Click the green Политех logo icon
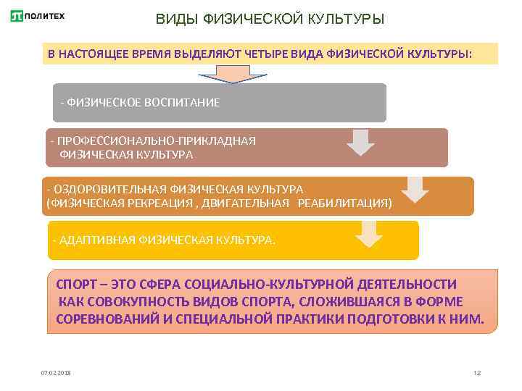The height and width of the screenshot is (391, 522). tap(17, 16)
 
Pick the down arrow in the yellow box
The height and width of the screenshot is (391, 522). tap(369, 233)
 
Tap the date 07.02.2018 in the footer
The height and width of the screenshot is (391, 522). tap(55, 372)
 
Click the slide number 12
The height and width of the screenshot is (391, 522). tap(476, 372)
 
